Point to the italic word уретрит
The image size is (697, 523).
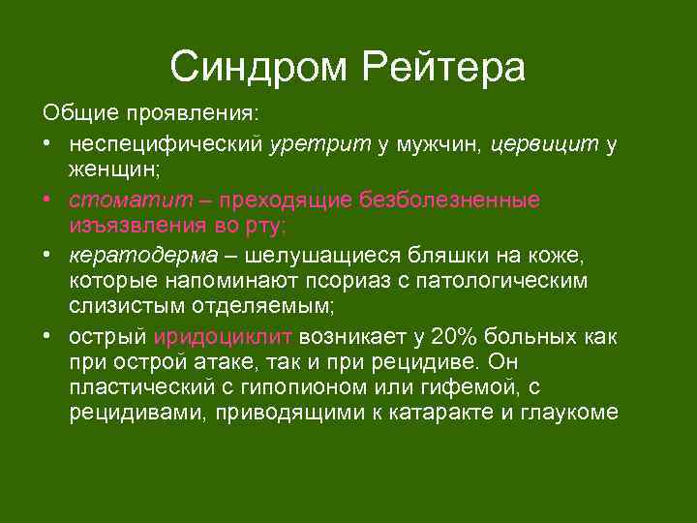coord(320,144)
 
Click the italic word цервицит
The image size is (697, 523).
coord(545,144)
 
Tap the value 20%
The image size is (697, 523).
coord(454,337)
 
